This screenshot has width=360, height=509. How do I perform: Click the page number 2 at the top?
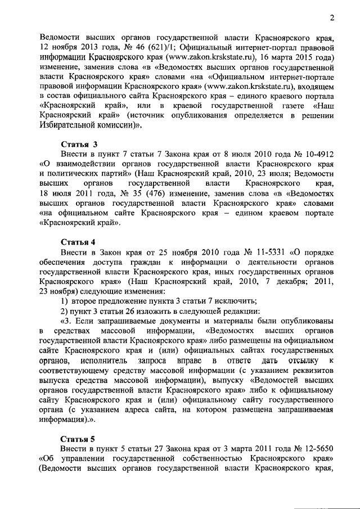tap(332, 18)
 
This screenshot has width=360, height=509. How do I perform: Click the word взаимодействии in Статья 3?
tap(92, 164)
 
